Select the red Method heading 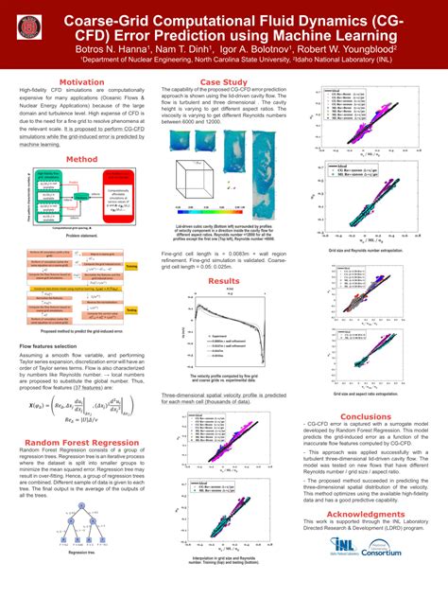(81, 160)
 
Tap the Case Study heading (224, 82)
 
